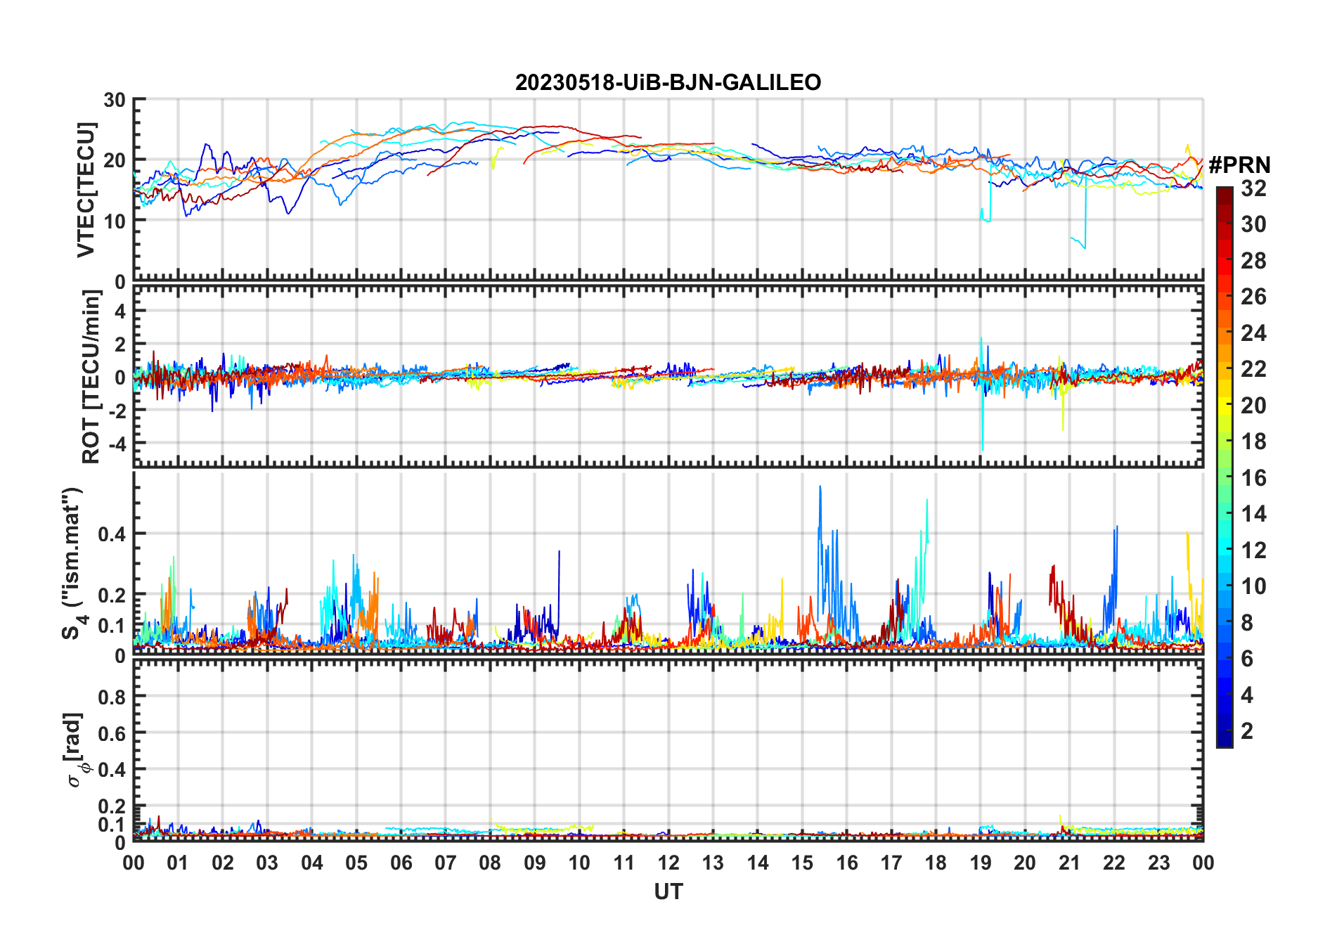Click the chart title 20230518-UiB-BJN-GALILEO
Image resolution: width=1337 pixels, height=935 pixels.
pyautogui.click(x=668, y=83)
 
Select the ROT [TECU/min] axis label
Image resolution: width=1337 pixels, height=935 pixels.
pyautogui.click(x=91, y=377)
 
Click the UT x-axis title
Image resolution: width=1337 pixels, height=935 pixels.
pyautogui.click(x=668, y=892)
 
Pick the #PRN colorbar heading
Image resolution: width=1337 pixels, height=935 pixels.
pyautogui.click(x=1239, y=165)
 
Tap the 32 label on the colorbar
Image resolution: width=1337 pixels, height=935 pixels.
pyautogui.click(x=1253, y=188)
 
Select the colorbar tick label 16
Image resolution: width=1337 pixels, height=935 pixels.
pyautogui.click(x=1253, y=478)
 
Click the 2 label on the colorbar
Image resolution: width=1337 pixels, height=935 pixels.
pyautogui.click(x=1247, y=731)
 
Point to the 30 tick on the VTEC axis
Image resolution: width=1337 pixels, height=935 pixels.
pyautogui.click(x=115, y=100)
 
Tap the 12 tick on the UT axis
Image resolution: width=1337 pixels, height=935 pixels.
pyautogui.click(x=668, y=863)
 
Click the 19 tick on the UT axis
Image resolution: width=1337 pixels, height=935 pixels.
pyautogui.click(x=980, y=863)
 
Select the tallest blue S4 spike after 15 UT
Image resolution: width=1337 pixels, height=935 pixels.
pyautogui.click(x=820, y=486)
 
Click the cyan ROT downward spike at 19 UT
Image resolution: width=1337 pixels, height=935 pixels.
pyautogui.click(x=982, y=449)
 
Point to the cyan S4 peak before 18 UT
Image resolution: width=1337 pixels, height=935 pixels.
pyautogui.click(x=927, y=501)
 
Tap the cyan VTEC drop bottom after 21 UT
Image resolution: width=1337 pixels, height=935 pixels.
pyautogui.click(x=1085, y=247)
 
